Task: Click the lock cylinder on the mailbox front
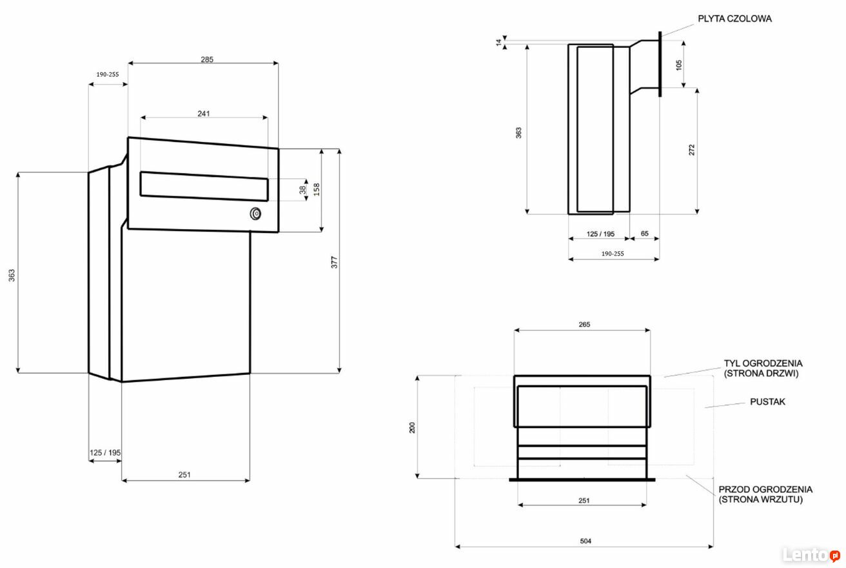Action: click(256, 214)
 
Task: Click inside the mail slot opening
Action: click(204, 187)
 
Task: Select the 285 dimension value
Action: click(207, 59)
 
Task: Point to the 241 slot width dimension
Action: click(204, 114)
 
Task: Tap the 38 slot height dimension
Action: click(302, 190)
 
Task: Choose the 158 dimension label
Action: click(317, 189)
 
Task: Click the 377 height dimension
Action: click(334, 262)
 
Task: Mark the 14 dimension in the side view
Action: click(498, 43)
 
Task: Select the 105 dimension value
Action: click(679, 65)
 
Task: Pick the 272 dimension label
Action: click(691, 149)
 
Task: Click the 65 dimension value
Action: click(645, 233)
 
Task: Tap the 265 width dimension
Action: click(584, 324)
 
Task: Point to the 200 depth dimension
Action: click(412, 427)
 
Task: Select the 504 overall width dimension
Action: click(585, 541)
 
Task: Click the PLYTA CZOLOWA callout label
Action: click(734, 19)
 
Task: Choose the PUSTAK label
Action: click(767, 401)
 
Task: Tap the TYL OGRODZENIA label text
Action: click(763, 363)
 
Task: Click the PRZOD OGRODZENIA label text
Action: click(765, 489)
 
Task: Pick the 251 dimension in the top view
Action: click(584, 500)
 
